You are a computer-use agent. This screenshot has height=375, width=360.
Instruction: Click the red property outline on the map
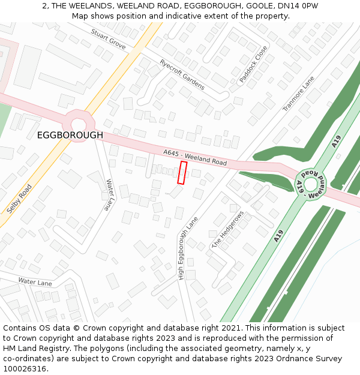click(x=183, y=172)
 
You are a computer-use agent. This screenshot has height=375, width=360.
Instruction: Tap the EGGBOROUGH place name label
click(x=70, y=136)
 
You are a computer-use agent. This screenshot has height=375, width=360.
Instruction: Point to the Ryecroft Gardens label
click(x=182, y=74)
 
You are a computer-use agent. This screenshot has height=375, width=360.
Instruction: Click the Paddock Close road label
click(x=253, y=64)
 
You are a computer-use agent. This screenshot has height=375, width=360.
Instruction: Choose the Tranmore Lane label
click(x=298, y=94)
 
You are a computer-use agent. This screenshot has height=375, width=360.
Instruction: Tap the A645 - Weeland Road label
click(x=194, y=158)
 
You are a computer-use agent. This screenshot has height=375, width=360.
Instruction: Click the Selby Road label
click(x=19, y=199)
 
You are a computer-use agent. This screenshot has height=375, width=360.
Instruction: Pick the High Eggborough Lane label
click(x=187, y=248)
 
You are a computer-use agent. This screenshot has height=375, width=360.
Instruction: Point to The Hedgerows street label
click(x=228, y=230)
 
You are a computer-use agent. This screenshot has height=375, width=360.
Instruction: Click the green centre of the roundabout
click(x=310, y=184)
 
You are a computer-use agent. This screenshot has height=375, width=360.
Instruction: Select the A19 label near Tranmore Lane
click(x=336, y=142)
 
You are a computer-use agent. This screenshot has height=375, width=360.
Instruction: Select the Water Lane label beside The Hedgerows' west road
click(x=109, y=194)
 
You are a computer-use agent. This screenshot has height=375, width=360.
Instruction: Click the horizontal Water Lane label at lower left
click(x=35, y=282)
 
